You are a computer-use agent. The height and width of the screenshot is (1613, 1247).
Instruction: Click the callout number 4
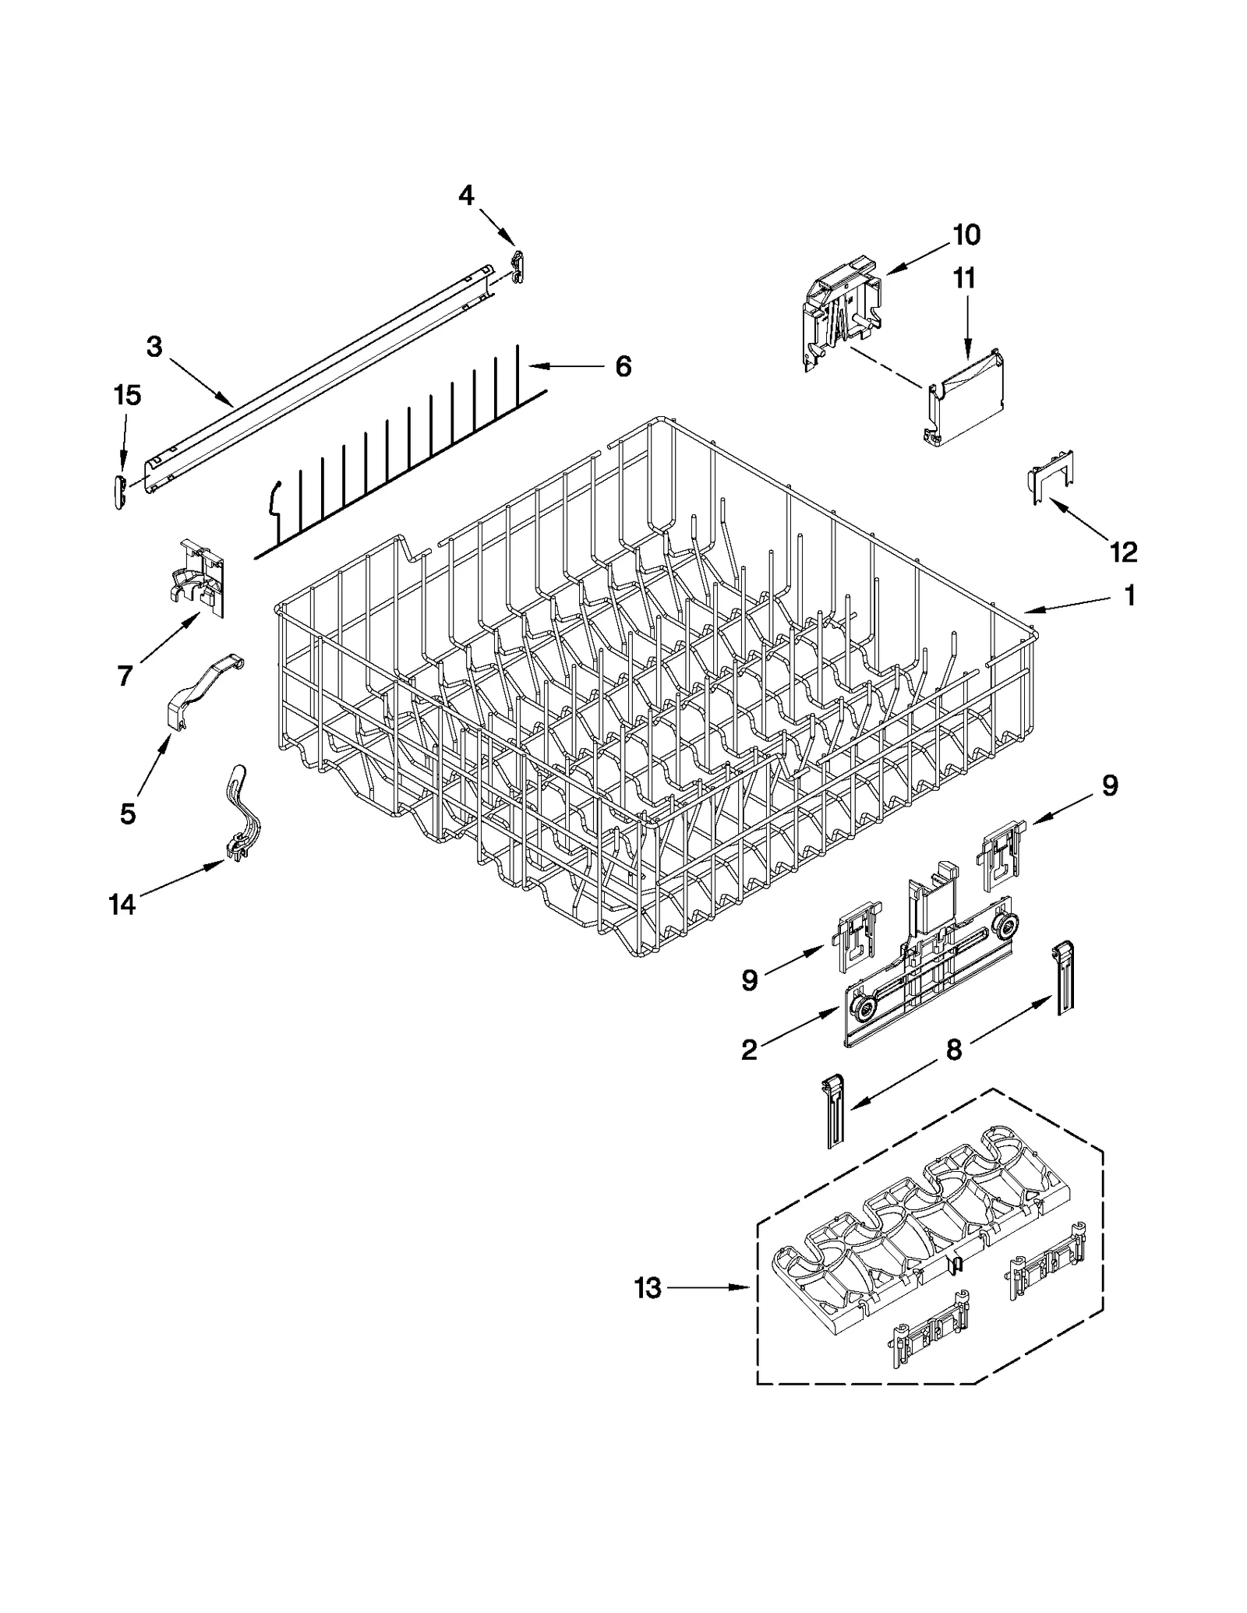[x=466, y=195]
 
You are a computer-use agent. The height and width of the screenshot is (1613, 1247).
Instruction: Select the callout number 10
[x=966, y=235]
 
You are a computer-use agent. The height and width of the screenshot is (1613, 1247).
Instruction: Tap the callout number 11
[x=965, y=278]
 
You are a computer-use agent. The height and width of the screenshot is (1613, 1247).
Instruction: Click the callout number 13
[x=648, y=1288]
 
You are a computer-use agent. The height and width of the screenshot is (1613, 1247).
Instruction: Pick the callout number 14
[x=122, y=905]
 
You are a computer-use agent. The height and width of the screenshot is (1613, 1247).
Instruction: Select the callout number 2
[x=749, y=1050]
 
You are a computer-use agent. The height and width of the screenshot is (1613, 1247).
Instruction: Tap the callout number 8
[x=955, y=1050]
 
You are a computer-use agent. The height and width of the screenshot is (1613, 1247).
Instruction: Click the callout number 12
[x=1123, y=552]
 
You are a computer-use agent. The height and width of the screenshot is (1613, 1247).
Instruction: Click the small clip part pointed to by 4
[x=517, y=266]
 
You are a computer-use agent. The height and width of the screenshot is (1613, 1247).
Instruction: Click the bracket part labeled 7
[x=200, y=577]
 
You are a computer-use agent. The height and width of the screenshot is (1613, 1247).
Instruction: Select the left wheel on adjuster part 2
[x=864, y=1011]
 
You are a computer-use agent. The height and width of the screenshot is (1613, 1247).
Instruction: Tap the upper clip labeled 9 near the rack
[x=1002, y=853]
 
